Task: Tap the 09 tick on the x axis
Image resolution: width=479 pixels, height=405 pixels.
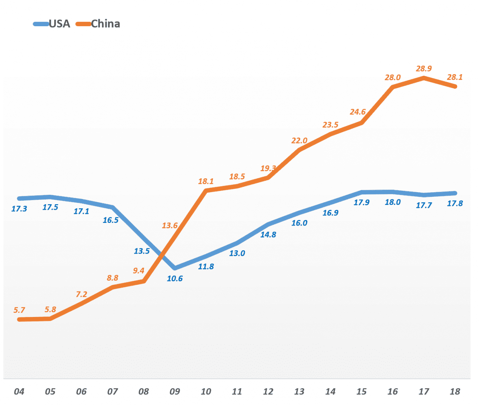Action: [x=175, y=392]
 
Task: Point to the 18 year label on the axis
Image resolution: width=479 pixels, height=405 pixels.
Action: [x=455, y=392]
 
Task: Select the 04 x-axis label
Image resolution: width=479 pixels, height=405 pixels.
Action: [x=19, y=392]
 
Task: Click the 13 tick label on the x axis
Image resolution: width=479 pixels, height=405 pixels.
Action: [x=299, y=392]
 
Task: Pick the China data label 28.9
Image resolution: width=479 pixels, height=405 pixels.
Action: [x=424, y=69]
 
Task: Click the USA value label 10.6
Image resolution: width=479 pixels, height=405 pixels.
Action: [x=175, y=278]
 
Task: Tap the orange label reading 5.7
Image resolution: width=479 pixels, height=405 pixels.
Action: [x=19, y=310]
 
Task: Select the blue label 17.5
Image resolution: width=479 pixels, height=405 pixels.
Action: [x=50, y=207]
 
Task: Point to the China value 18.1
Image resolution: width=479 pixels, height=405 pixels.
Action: [x=206, y=181]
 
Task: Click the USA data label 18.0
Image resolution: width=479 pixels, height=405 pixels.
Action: [x=393, y=202]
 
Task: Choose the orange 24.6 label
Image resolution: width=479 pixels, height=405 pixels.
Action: [x=358, y=112]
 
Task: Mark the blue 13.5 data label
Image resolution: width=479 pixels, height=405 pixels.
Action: [x=142, y=251]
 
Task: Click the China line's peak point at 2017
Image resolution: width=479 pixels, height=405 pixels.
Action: [x=424, y=78]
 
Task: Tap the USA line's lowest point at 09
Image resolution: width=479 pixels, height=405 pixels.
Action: [x=175, y=268]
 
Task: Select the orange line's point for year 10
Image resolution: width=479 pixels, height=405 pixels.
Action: [x=206, y=191]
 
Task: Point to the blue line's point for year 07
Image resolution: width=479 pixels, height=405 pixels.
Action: [x=113, y=207]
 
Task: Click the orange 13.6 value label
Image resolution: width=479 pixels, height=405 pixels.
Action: [x=170, y=226]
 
